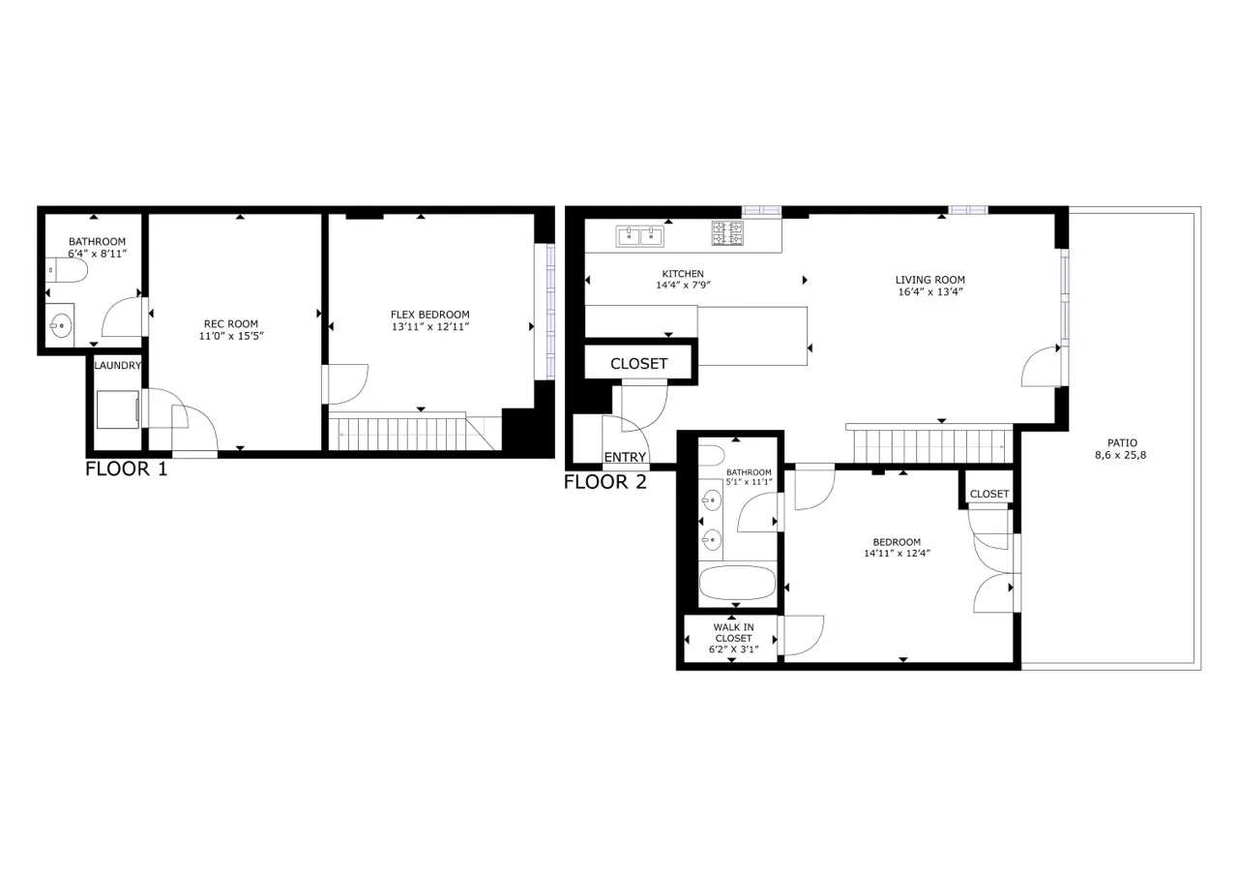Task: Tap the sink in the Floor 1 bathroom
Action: [61, 325]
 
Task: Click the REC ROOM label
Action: [230, 324]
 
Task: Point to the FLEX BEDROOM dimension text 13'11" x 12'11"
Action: [429, 327]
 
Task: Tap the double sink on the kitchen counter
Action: [639, 234]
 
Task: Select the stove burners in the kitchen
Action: [727, 233]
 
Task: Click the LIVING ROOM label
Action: [929, 280]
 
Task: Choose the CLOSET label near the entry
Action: [638, 364]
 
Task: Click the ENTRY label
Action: [625, 457]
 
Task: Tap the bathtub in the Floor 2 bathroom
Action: [737, 584]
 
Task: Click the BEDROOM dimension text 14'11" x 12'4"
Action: [897, 554]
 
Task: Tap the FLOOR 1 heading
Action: [127, 470]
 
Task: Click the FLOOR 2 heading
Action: [605, 482]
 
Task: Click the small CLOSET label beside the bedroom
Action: [988, 494]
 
